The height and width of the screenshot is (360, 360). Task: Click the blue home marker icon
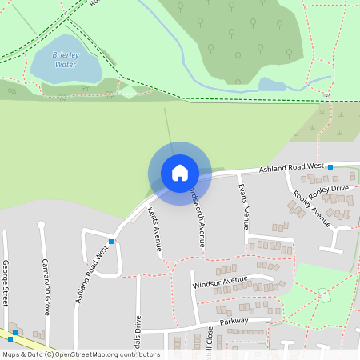[179, 173]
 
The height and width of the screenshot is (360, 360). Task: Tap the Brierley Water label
[66, 59]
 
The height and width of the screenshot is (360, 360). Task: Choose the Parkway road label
[233, 322]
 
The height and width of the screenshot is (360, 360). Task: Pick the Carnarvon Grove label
[46, 286]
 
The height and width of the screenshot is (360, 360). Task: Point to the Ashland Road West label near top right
[291, 168]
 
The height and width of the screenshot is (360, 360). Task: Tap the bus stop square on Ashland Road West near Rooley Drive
[330, 166]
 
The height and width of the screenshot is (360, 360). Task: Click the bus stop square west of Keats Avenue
[111, 241]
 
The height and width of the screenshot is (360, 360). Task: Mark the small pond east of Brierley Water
[271, 84]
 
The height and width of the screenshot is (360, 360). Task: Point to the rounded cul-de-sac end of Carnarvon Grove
[42, 226]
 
